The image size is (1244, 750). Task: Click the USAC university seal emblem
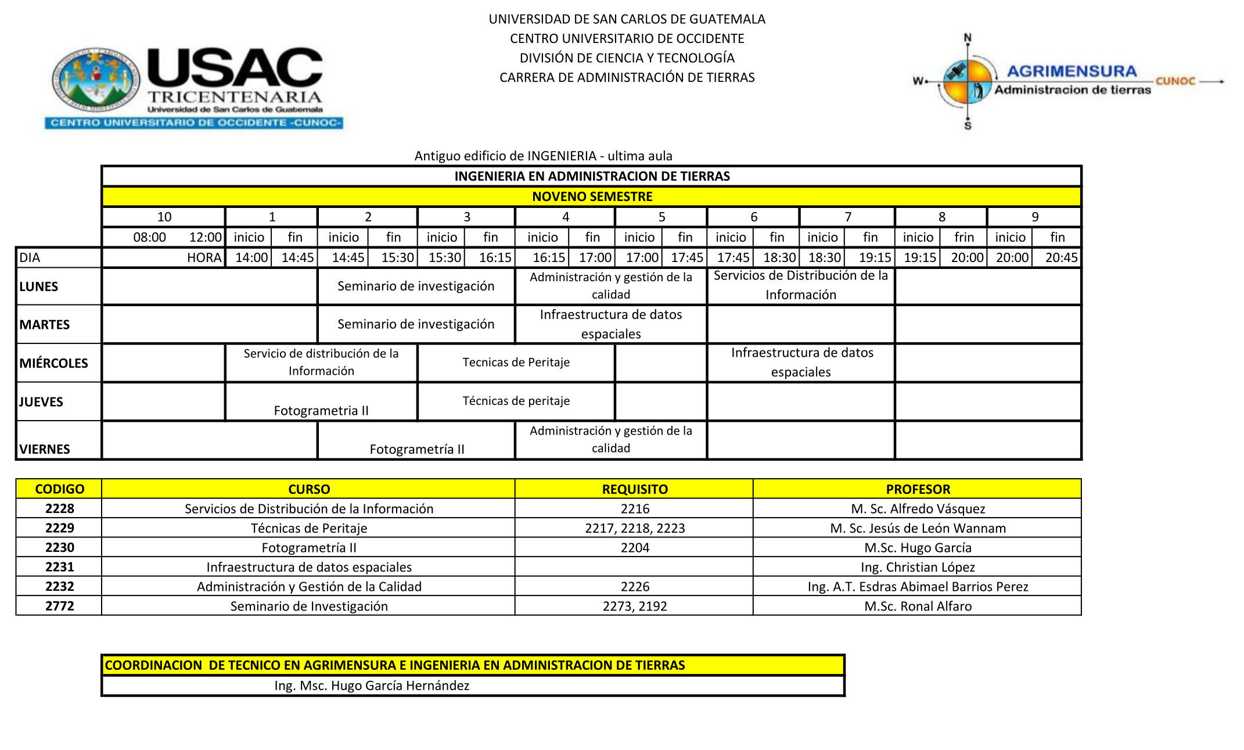[x=96, y=80]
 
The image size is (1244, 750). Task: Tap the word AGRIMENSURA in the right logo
[x=1072, y=71]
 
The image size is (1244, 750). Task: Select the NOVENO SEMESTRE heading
[x=592, y=196]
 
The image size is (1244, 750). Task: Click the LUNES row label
[x=39, y=286]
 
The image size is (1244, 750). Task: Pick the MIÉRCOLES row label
[x=53, y=363]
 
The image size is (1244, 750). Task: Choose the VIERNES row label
[x=45, y=449]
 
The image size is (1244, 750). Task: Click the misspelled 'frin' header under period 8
[x=963, y=237]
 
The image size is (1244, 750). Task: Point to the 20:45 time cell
[x=1061, y=257]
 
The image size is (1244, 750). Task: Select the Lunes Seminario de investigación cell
[x=416, y=286]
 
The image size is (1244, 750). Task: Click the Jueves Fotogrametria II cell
[x=321, y=410]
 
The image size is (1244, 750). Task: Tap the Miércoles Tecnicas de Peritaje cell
[x=516, y=363]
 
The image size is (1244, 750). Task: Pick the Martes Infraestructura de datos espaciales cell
[x=611, y=324]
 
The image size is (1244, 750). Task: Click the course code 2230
[x=60, y=547]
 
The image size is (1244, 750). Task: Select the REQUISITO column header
[x=635, y=489]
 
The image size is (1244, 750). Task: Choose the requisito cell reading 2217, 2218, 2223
[x=635, y=528]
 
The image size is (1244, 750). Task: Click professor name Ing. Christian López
[x=918, y=567]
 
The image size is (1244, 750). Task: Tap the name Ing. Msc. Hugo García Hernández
[x=372, y=686]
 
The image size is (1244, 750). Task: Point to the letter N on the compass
[x=968, y=38]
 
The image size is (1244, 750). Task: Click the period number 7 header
[x=848, y=217]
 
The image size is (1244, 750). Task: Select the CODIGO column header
[x=60, y=489]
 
